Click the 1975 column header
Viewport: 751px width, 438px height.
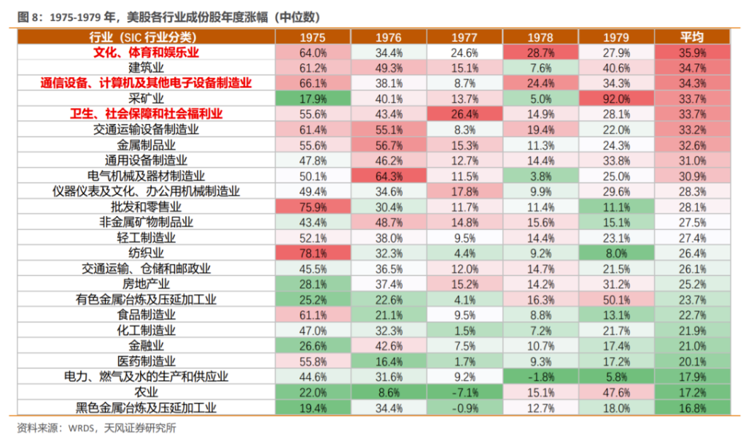point(313,37)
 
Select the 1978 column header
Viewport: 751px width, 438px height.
point(540,37)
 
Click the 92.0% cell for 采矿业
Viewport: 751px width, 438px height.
point(616,99)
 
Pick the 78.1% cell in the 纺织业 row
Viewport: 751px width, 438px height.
point(313,253)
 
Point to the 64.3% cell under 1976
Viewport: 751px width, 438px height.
point(389,176)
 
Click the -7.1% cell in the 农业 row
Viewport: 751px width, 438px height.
point(464,392)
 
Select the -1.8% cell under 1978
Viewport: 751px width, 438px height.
point(540,377)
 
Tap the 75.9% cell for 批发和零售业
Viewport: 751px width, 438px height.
point(313,207)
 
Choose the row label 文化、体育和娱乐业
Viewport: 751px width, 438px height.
point(147,53)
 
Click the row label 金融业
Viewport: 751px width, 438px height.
point(147,345)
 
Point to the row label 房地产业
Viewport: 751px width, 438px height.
point(147,284)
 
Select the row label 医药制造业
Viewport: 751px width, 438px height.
point(147,361)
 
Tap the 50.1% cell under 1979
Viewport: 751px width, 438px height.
point(616,299)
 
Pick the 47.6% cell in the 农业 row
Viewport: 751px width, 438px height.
point(616,392)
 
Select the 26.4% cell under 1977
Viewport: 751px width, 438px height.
point(464,114)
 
